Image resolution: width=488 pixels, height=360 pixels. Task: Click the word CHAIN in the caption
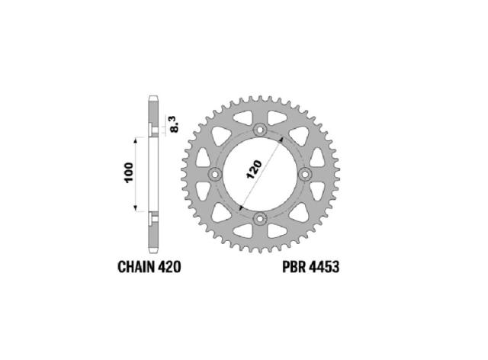pos(136,267)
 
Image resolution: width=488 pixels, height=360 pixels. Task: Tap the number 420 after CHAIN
pos(169,267)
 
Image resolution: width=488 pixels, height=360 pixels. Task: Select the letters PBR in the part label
pos(294,267)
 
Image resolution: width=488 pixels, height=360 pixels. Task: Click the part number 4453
pos(325,267)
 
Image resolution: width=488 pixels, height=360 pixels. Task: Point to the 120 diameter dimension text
pos(254,170)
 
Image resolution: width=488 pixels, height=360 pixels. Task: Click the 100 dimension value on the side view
pos(129,173)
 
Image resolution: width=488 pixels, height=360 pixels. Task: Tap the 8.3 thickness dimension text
pos(175,124)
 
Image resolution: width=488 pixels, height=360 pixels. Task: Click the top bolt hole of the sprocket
pos(260,130)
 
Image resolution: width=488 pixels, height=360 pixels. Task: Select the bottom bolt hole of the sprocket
pos(260,219)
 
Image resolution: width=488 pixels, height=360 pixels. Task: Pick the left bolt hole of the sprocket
pos(215,175)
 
